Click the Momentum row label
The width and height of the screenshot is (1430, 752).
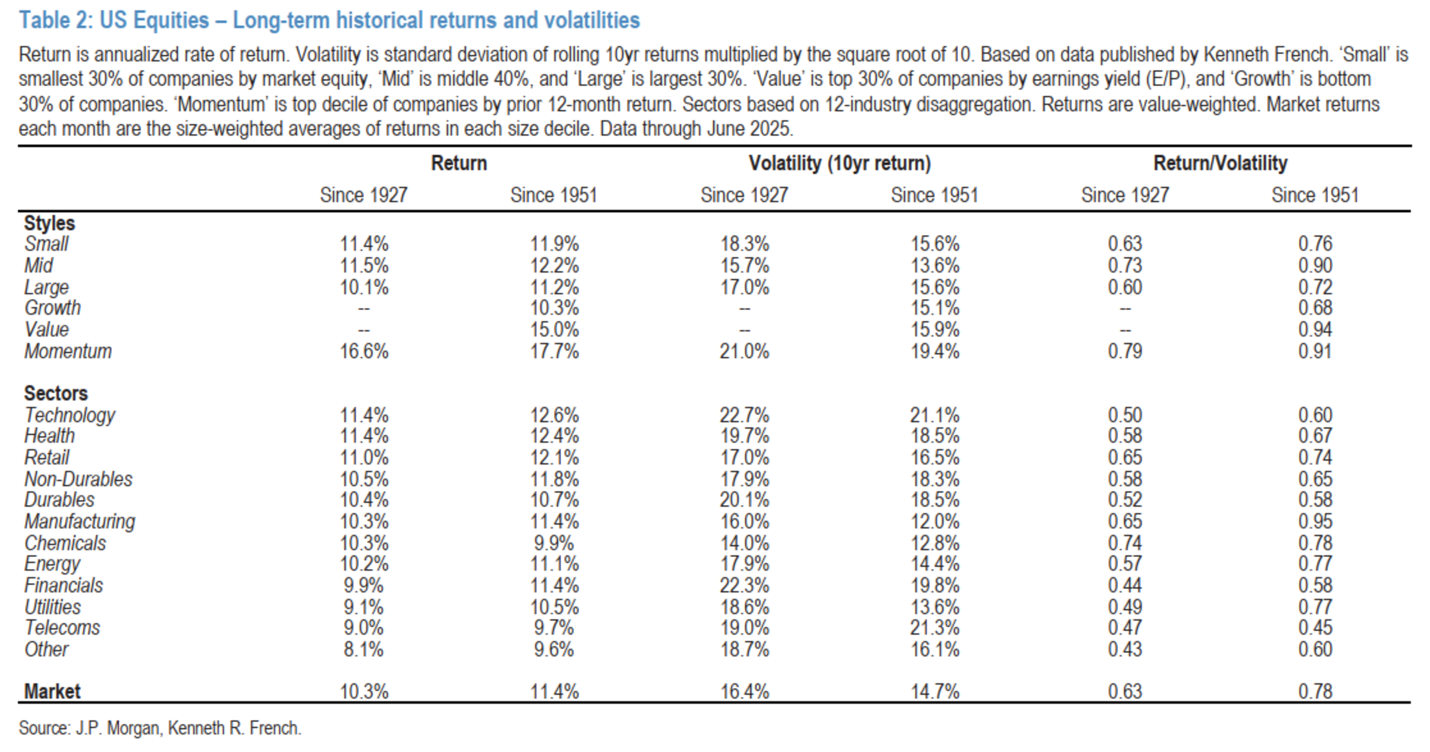68,351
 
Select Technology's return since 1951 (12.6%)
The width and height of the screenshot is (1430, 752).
554,415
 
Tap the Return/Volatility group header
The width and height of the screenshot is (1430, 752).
1220,163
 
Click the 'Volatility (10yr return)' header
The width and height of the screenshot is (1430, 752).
839,163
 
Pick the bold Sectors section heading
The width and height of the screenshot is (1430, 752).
55,393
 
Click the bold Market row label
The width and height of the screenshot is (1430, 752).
52,692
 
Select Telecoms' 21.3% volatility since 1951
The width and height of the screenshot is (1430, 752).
935,628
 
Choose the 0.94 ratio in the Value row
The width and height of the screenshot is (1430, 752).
1315,330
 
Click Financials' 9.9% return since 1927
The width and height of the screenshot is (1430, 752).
363,586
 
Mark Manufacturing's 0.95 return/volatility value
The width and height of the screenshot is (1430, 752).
1315,522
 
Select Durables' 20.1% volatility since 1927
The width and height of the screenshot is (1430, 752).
744,500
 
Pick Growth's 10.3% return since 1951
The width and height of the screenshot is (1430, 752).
554,308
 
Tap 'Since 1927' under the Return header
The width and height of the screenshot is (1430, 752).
363,195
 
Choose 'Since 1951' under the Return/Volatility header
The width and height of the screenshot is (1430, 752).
1315,195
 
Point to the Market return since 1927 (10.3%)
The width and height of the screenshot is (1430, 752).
363,692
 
